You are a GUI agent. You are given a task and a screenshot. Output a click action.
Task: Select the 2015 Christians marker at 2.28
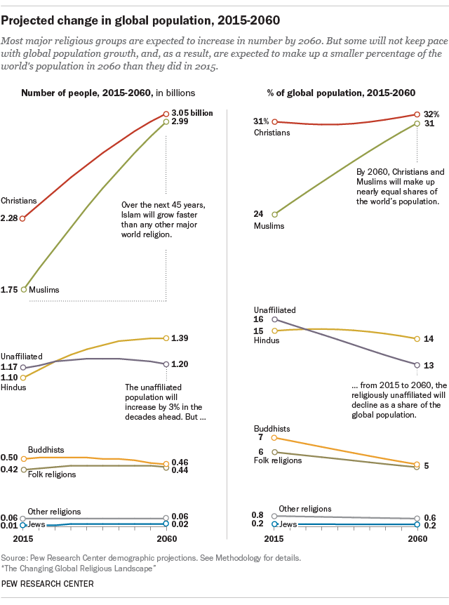point(23,218)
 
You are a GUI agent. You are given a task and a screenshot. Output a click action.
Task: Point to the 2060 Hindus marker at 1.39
point(166,338)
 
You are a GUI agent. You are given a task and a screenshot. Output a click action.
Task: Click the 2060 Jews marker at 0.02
point(166,524)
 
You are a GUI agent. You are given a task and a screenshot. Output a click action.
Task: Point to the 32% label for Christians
point(430,113)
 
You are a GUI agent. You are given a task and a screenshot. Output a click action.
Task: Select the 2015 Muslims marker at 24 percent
point(275,214)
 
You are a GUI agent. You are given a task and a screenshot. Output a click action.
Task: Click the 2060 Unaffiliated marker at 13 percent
point(417,365)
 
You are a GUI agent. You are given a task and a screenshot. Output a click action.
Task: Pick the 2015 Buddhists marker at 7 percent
point(275,438)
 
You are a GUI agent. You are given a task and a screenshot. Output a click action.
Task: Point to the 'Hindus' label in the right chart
point(267,340)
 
